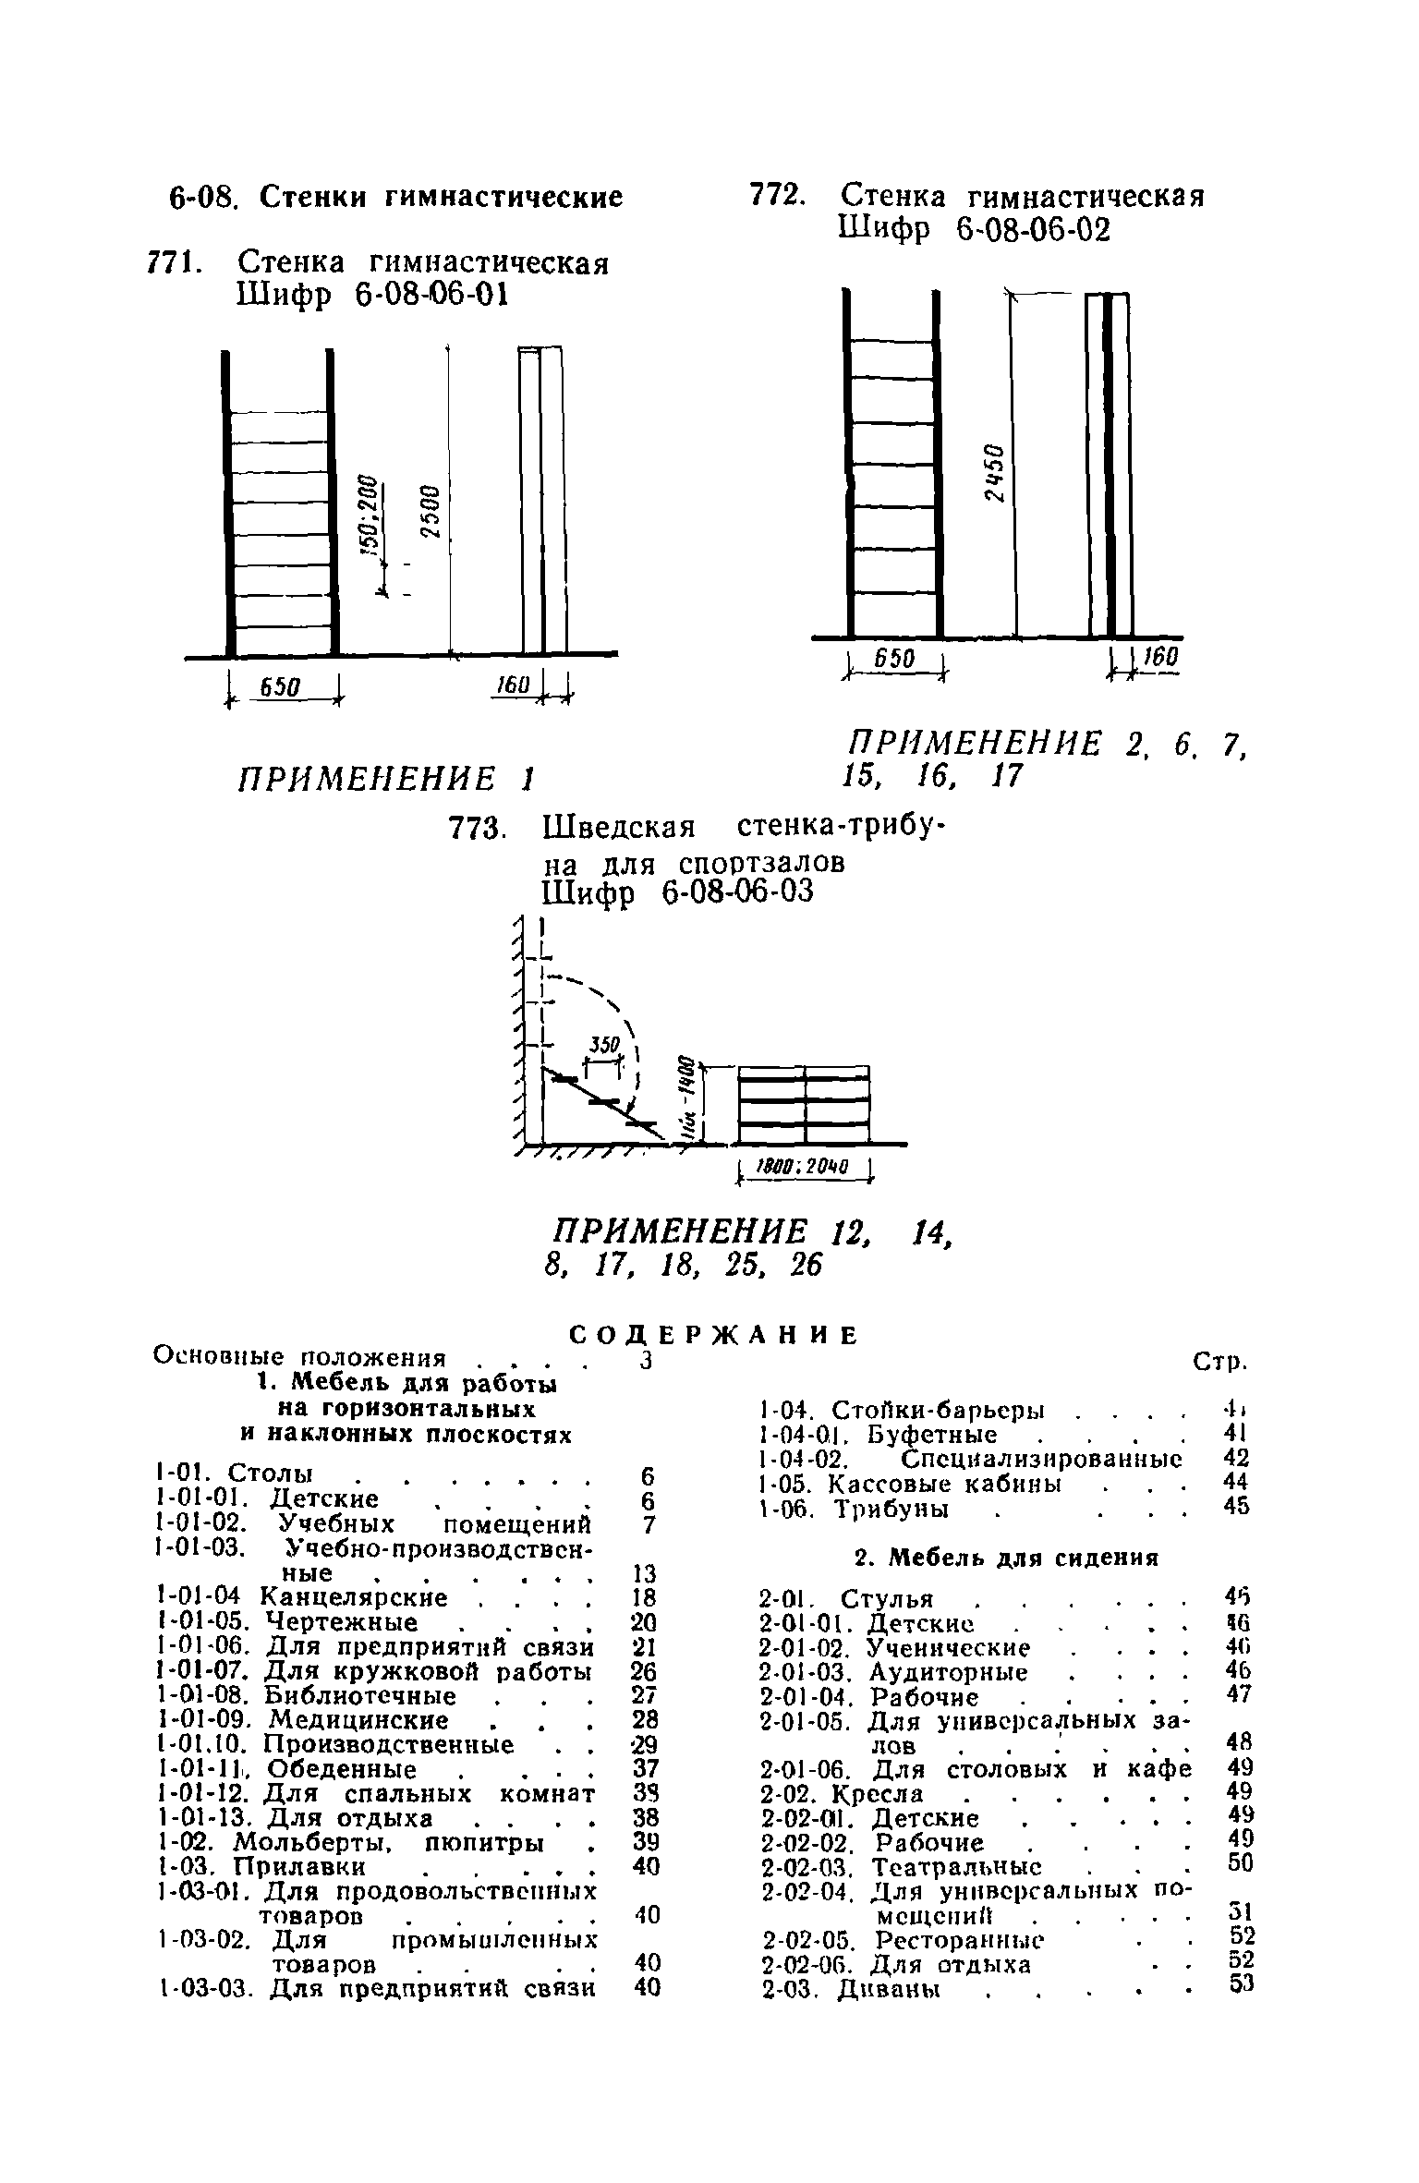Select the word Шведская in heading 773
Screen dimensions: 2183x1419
(x=620, y=825)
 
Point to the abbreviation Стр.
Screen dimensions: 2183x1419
(x=1220, y=1362)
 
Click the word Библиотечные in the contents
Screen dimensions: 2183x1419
(x=360, y=1696)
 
